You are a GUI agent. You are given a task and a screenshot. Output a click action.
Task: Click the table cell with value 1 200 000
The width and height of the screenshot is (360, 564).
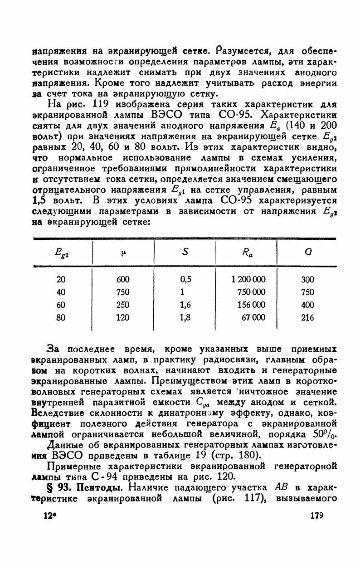coord(248,279)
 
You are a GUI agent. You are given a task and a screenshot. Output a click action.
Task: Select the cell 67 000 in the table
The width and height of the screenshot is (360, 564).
coord(253,318)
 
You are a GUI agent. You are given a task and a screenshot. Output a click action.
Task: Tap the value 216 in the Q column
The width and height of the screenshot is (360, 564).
coord(307,318)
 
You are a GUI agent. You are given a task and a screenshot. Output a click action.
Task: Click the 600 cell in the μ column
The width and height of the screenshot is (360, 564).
coord(123,279)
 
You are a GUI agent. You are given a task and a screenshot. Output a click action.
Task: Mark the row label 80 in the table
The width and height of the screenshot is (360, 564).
coord(60,318)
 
